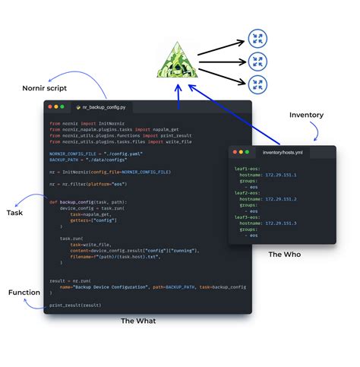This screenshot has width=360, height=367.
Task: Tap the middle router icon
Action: (x=258, y=60)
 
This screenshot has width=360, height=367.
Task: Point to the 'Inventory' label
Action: (x=306, y=115)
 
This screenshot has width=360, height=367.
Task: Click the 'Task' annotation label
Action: (x=14, y=213)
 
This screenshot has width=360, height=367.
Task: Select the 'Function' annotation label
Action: (x=24, y=293)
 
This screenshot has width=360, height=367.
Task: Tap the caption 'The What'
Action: (x=138, y=321)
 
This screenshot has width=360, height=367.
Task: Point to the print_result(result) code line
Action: (x=75, y=305)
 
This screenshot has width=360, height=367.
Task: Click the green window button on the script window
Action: (x=64, y=107)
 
